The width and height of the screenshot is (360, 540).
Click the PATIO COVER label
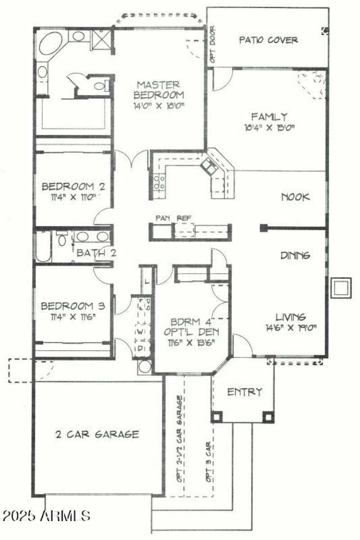click(x=268, y=40)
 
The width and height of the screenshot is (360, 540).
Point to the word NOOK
click(x=296, y=197)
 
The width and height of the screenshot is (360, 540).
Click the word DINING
click(x=295, y=255)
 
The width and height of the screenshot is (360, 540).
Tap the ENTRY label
click(x=244, y=392)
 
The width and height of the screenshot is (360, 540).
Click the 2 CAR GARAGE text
click(x=97, y=434)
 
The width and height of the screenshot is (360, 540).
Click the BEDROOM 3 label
click(x=72, y=306)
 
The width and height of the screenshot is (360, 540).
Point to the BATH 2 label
click(x=96, y=253)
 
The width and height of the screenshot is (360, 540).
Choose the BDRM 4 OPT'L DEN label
click(x=191, y=327)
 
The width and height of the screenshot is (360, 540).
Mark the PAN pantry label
click(x=162, y=218)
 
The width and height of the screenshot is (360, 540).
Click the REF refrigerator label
click(x=183, y=218)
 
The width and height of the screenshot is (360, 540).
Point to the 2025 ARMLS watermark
click(x=46, y=515)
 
